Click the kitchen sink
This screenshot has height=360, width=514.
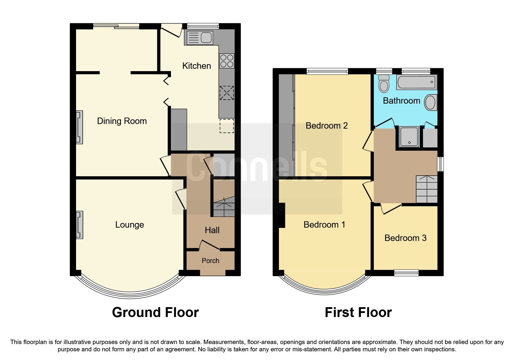(x=200, y=38)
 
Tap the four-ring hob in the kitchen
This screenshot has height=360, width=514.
(x=227, y=61)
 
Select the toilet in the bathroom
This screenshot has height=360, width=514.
(x=384, y=84)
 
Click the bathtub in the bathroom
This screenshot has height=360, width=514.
(x=416, y=82)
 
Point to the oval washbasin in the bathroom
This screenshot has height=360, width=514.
(x=430, y=102)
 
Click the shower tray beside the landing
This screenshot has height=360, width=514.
(x=409, y=136)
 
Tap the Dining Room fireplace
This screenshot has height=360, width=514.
(x=79, y=127)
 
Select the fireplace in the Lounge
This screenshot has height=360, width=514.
(x=79, y=225)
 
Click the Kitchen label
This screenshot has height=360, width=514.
(x=196, y=66)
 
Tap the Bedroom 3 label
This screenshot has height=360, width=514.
(x=405, y=238)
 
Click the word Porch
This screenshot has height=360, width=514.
(x=210, y=261)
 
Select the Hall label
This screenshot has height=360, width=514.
(x=212, y=230)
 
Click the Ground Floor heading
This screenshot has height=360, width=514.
(x=155, y=313)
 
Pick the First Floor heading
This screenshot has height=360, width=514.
(x=358, y=313)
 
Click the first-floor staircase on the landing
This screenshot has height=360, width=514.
(x=427, y=189)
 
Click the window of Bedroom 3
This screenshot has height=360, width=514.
(x=406, y=273)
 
